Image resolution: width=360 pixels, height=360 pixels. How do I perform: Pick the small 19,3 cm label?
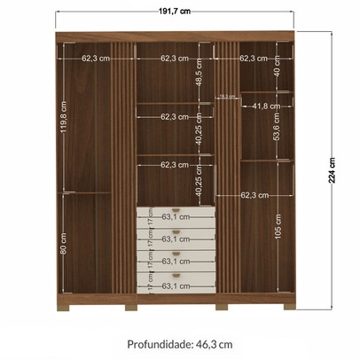click(x=227, y=95)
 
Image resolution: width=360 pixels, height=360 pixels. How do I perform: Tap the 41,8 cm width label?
click(x=264, y=106)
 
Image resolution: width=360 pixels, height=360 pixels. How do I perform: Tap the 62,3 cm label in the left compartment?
click(x=95, y=59)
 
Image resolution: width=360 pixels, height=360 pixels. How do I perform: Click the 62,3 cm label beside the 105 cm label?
click(x=254, y=194)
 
